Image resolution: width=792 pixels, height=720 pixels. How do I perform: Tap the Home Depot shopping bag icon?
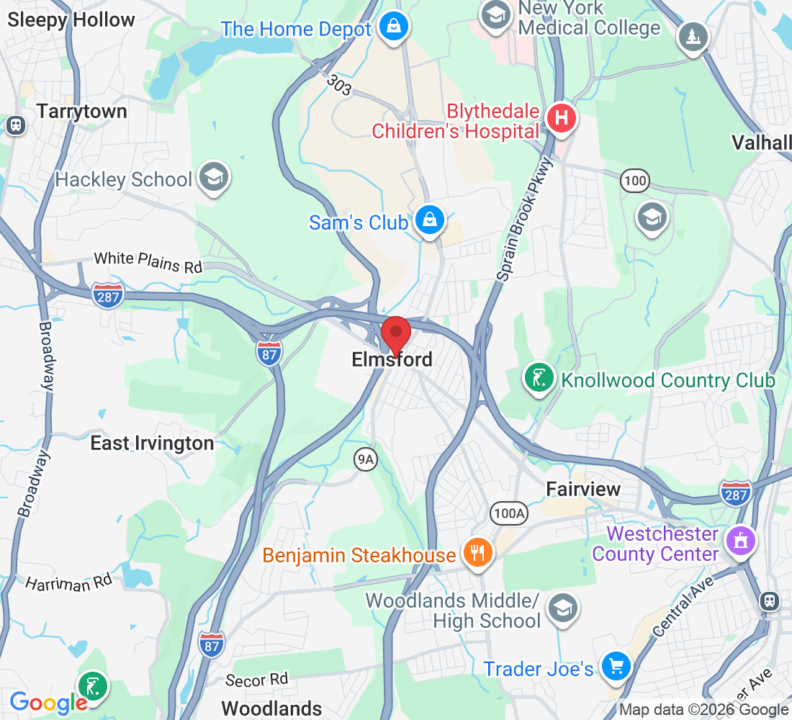(394, 27)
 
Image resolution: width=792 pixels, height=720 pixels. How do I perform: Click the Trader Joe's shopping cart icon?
(616, 666)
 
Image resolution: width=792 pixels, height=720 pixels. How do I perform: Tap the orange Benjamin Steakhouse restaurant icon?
(476, 553)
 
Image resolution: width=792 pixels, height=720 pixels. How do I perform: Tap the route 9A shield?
(366, 459)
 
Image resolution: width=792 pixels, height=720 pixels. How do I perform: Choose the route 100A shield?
(509, 513)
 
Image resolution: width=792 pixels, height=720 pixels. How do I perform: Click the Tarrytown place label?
(81, 112)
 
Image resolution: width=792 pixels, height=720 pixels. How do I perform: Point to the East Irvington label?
(152, 443)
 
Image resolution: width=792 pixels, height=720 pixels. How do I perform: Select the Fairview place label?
(583, 489)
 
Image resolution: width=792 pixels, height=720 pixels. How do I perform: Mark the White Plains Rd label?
(148, 261)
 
